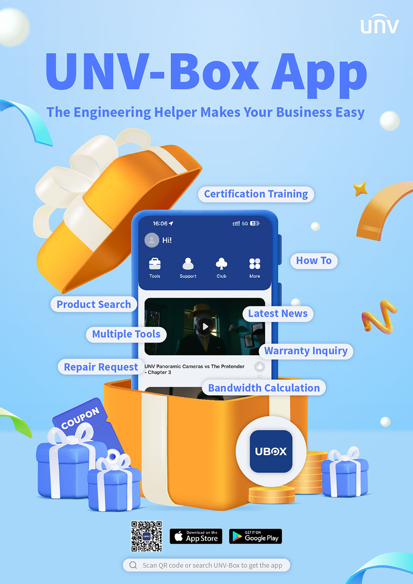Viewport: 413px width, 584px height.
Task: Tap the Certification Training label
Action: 256,194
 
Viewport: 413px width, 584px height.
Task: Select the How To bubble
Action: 314,261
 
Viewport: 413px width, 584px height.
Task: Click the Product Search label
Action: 94,304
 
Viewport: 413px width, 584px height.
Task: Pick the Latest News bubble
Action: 278,314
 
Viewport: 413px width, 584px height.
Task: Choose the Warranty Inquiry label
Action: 306,351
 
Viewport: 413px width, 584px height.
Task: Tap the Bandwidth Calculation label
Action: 264,388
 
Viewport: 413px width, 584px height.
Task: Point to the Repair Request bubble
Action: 101,367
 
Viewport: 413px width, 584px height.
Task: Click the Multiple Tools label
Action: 126,334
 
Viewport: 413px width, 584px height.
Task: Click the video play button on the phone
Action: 205,327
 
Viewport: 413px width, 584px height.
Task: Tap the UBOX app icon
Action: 271,451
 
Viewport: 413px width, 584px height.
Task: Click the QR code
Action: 146,536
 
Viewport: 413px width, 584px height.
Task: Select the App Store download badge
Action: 196,536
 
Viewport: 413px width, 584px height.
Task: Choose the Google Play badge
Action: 256,536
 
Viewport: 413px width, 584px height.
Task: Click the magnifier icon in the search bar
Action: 133,565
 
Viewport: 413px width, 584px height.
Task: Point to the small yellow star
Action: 360,189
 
